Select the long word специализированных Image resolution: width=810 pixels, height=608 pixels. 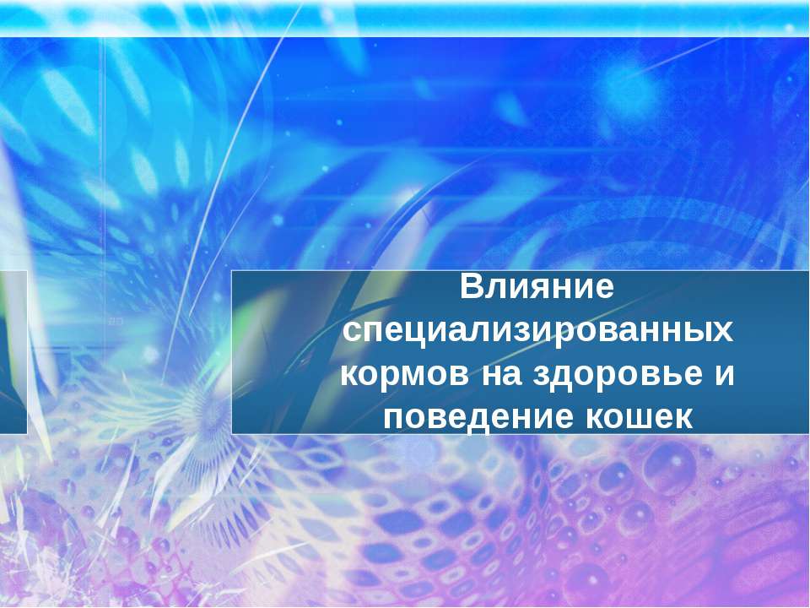point(538,330)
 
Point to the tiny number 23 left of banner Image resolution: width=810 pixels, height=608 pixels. point(116,322)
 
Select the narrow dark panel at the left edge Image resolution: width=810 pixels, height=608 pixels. point(13,351)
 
